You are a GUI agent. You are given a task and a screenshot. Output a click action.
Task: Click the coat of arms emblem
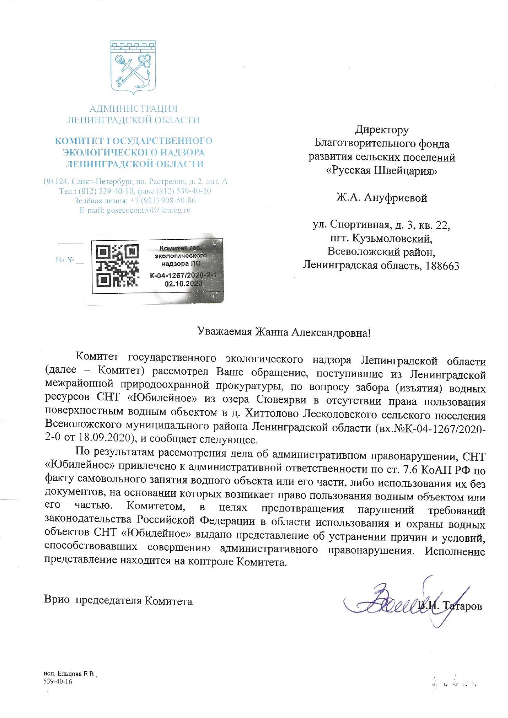[134, 68]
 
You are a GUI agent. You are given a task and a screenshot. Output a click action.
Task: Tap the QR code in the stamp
[117, 266]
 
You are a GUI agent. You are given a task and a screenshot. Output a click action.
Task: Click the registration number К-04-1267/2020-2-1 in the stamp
[183, 275]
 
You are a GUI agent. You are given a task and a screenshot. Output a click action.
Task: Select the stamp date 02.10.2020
[183, 283]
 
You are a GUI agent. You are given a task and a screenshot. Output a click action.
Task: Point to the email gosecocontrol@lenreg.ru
[135, 210]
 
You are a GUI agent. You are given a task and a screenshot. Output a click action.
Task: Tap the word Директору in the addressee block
[382, 130]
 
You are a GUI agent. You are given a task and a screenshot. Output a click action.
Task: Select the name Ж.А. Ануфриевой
[382, 198]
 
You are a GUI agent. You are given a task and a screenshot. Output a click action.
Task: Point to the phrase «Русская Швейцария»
[382, 171]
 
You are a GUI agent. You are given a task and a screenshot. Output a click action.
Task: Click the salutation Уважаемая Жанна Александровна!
[284, 332]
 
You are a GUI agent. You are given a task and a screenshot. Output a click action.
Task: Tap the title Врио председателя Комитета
[118, 601]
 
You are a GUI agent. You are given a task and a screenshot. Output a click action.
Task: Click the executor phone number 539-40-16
[58, 682]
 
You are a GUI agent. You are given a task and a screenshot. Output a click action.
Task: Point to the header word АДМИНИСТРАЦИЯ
[134, 109]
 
